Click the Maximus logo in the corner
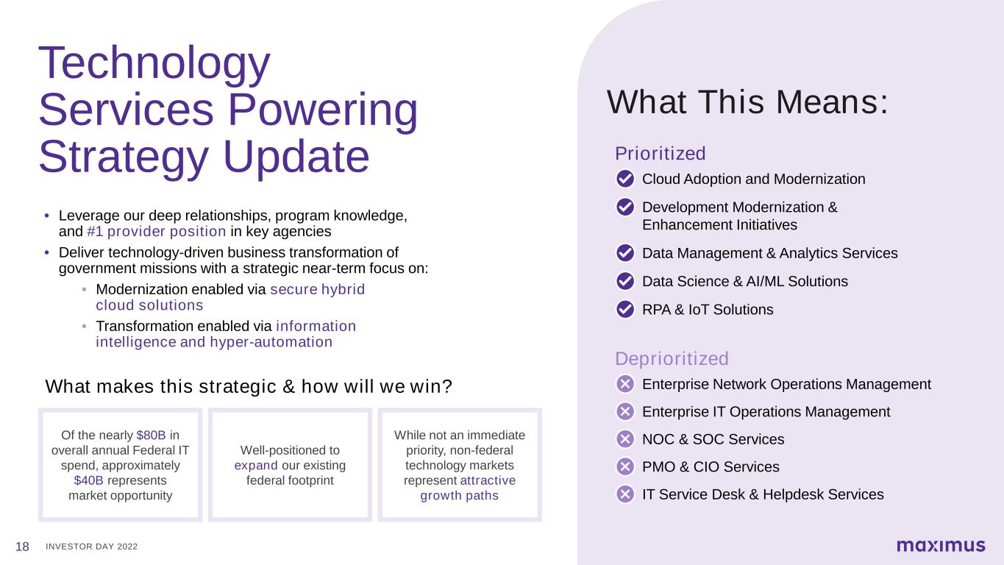click(x=941, y=545)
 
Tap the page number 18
click(x=22, y=547)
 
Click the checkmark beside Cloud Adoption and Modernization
click(x=624, y=179)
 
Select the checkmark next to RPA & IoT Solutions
click(x=624, y=309)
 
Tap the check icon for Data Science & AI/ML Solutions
click(x=624, y=281)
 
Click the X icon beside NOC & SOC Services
click(x=624, y=439)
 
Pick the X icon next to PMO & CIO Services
click(x=624, y=466)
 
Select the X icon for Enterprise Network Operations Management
click(x=624, y=384)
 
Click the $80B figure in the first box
click(x=151, y=435)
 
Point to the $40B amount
click(x=89, y=480)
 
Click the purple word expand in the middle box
click(x=256, y=466)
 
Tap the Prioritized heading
click(x=661, y=153)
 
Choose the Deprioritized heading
click(x=672, y=359)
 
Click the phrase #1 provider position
click(x=157, y=232)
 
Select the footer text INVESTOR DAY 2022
click(x=91, y=547)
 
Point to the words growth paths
click(x=460, y=496)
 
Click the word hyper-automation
click(x=271, y=341)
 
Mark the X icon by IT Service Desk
click(x=624, y=494)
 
